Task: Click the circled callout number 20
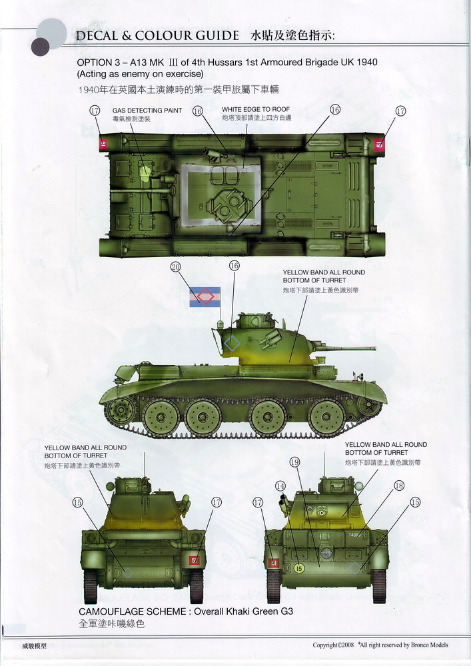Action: point(176,268)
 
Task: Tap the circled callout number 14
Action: point(280,486)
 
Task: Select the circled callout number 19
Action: point(294,462)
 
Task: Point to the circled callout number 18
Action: point(399,486)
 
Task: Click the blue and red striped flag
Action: point(205,296)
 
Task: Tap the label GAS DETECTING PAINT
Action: point(147,111)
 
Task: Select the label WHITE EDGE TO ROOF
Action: point(256,109)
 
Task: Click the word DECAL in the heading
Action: point(98,35)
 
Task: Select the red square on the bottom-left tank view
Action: point(194,560)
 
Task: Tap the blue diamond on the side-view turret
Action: point(232,344)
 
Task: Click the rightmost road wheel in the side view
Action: point(327,416)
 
